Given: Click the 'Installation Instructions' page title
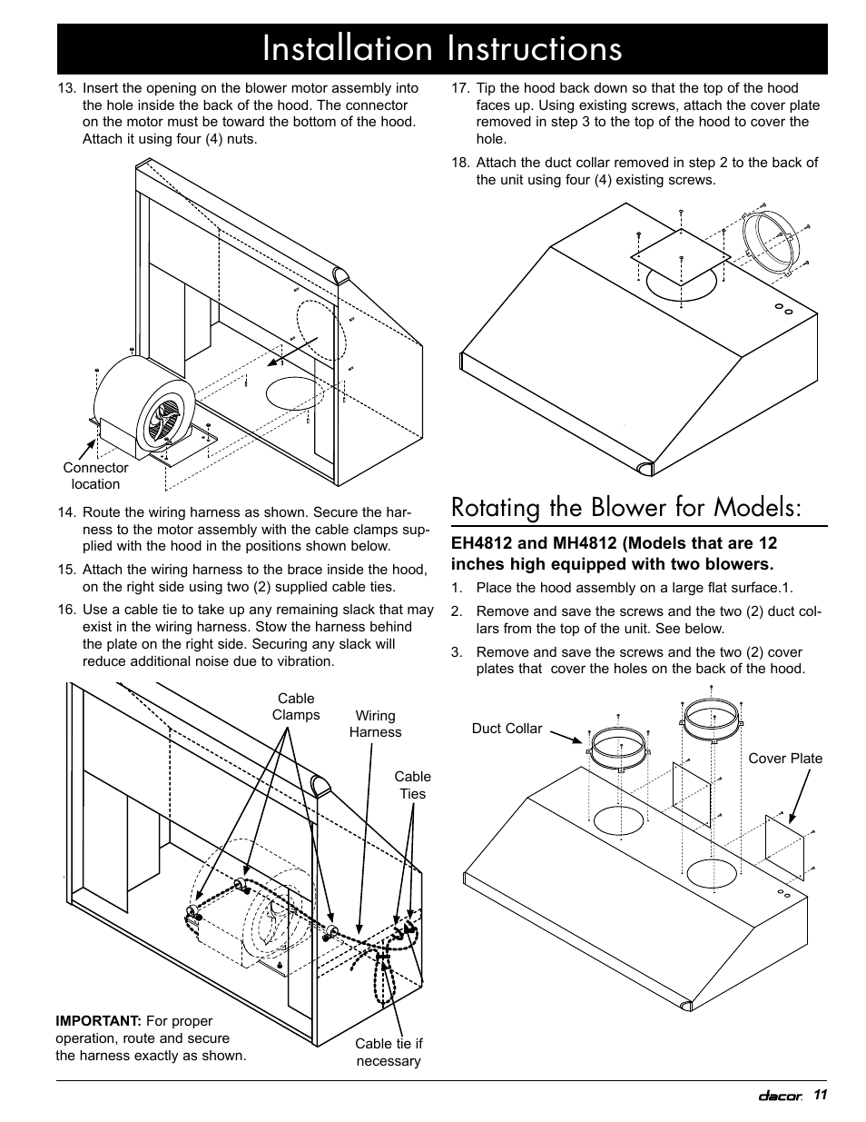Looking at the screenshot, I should [442, 49].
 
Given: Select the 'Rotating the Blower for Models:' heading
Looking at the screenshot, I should [626, 507].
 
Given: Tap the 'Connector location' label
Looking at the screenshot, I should [95, 476].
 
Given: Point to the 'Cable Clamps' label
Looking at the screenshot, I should [296, 707].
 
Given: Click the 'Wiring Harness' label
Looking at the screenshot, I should [375, 724].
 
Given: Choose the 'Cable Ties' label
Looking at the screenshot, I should [412, 785].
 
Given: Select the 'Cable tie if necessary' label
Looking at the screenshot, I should [389, 1052].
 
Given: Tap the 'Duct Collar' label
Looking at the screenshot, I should [507, 729].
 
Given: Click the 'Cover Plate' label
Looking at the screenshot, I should [785, 759].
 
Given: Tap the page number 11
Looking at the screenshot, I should [821, 1096].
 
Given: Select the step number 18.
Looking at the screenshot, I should [460, 163].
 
